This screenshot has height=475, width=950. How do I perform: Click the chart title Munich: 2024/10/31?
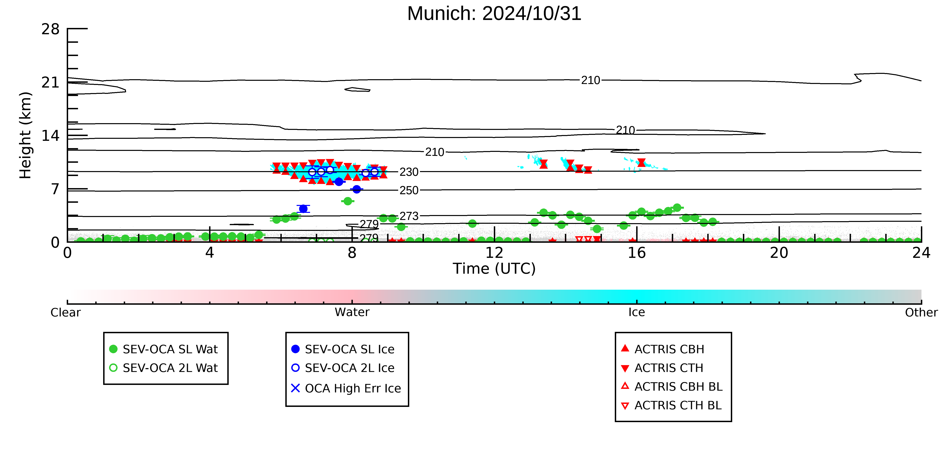tap(494, 14)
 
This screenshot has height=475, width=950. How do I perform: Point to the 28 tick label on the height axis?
tap(50, 29)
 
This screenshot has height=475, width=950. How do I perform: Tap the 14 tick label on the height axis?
tap(50, 136)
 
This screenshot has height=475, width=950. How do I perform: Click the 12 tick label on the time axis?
tap(494, 253)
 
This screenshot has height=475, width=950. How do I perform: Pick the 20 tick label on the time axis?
tap(779, 253)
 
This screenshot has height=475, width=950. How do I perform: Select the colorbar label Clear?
tap(66, 312)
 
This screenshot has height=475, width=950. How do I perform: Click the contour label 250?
tap(409, 190)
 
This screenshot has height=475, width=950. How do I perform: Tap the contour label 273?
tap(409, 216)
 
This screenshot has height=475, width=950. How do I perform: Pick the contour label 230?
tap(409, 172)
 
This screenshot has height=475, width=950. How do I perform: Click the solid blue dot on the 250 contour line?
tap(357, 189)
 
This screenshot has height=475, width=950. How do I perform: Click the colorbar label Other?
tap(921, 312)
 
